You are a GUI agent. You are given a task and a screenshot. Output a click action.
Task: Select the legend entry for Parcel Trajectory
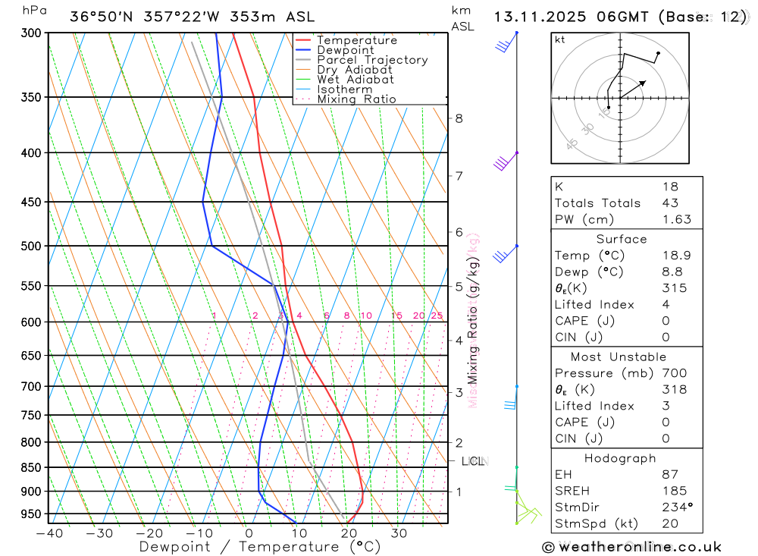click(372, 60)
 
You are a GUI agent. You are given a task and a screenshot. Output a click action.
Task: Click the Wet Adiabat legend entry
click(356, 80)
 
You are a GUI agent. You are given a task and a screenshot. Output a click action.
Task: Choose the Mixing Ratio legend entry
click(356, 99)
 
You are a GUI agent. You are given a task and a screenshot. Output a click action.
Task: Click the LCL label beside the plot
click(473, 461)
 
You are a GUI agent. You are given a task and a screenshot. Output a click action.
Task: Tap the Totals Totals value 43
click(670, 203)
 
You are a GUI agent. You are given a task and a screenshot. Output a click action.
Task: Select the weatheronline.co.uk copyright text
click(631, 547)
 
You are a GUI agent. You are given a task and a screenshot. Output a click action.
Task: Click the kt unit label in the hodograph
click(560, 39)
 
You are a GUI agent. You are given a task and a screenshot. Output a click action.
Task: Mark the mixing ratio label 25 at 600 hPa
click(437, 316)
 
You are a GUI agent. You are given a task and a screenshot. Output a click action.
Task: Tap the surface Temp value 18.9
click(676, 256)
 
